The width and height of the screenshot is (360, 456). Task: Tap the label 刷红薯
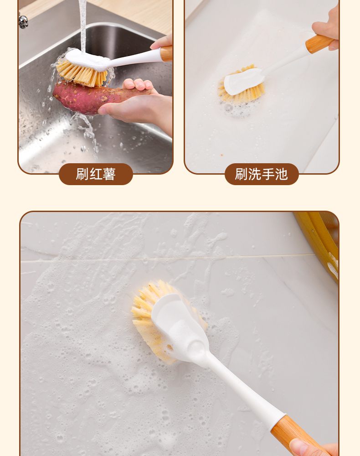pos(96,174)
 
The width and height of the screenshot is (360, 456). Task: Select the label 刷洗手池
pos(262,174)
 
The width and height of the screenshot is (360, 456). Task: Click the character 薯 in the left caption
pos(109,174)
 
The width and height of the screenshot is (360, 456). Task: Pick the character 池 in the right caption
pos(281,174)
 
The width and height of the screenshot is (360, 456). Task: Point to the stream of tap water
pos(83,26)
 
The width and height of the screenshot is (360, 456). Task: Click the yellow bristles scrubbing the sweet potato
pos(82,74)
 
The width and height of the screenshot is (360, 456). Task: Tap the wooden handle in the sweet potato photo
pos(166,54)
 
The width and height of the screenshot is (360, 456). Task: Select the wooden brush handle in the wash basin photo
pos(319,44)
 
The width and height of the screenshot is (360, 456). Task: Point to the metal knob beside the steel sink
pos(23,21)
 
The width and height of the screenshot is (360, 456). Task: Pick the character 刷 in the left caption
pos(82,174)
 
